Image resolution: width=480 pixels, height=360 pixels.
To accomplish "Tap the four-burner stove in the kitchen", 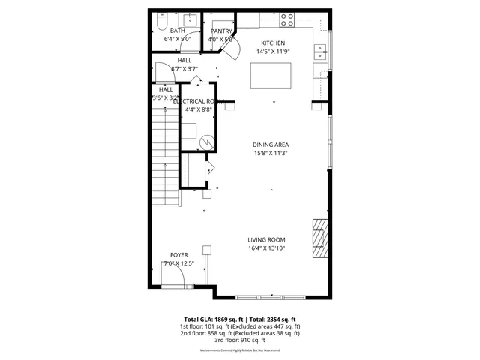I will point(288,17).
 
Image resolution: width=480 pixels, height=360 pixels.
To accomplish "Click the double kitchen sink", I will point(322,52).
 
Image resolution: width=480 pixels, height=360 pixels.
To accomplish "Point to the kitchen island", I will point(271,75).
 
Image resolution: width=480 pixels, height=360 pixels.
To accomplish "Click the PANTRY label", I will point(221,31).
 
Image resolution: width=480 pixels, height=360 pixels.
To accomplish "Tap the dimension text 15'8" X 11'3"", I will point(271,154).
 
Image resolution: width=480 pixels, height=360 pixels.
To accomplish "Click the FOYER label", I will point(178,255).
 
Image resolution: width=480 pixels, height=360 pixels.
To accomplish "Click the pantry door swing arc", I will point(233,49).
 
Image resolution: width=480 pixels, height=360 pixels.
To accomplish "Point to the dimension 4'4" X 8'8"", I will point(199,109).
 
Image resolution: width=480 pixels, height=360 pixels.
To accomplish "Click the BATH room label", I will point(178,31).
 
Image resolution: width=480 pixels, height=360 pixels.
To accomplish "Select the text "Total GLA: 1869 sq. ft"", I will point(210,319).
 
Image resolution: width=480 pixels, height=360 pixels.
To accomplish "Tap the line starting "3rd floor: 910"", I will point(240,340).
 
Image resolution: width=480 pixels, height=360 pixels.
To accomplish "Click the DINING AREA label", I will point(271,145).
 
